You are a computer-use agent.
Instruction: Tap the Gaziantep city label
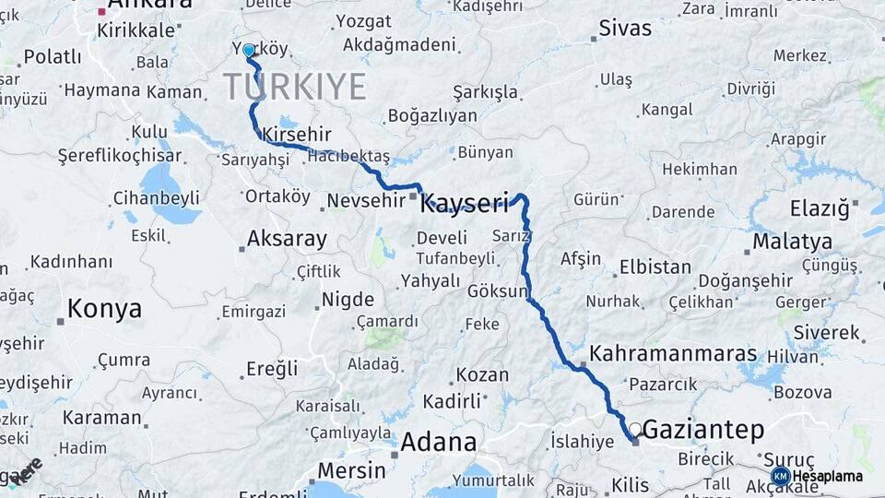coord(703,430)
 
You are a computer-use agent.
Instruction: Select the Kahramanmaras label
coord(673,353)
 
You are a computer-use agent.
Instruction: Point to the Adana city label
coord(438,442)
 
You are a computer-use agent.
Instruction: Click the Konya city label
coord(104,308)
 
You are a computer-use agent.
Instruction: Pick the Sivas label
coord(625,28)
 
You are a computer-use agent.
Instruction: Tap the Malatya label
coord(792,242)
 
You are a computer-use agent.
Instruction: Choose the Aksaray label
coord(287,239)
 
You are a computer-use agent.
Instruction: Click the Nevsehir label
coord(367,201)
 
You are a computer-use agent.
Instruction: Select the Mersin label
coord(351,470)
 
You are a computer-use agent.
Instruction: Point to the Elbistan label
coord(655,267)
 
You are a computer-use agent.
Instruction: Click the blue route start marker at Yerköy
coord(249,51)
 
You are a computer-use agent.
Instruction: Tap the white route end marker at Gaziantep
coord(635,429)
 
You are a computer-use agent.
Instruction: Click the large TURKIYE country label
coord(294,88)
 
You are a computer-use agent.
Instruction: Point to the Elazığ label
coord(820,208)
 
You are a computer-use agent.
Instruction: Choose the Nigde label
coord(348,300)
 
